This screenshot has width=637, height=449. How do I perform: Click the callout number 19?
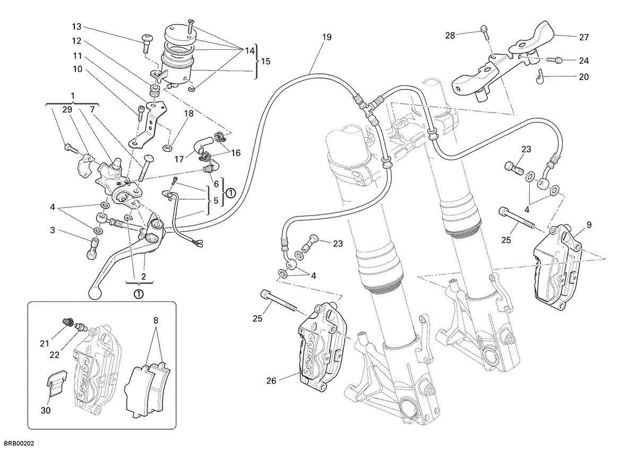point(327,37)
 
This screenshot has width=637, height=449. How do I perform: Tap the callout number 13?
point(76,27)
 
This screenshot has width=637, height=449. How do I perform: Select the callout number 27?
point(584,37)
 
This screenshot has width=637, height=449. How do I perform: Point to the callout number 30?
point(46,410)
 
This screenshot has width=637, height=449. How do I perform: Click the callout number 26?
point(271,381)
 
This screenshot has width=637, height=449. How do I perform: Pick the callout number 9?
point(589,225)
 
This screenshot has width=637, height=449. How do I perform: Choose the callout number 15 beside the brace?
point(265,62)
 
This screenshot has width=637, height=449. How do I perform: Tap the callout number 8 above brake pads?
point(156,321)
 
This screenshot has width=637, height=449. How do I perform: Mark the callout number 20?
point(584,77)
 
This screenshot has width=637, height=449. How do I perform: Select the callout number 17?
point(179,159)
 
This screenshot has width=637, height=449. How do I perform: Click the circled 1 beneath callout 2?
point(139,294)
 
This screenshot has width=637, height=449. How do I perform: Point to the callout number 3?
point(53,230)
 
